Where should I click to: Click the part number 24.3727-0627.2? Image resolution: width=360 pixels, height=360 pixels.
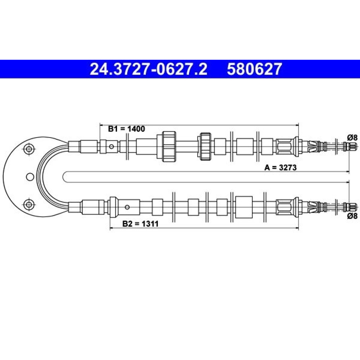148,69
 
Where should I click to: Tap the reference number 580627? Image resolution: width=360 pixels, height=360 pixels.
255,69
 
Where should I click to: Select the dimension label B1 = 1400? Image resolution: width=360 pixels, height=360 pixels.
126,129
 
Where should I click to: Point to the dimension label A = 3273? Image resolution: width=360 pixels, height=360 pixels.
280,168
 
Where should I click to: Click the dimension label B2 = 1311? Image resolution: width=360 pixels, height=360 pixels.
140,224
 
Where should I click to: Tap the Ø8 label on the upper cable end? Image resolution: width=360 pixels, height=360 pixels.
352,138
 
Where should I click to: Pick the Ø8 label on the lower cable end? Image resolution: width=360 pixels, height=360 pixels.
352,216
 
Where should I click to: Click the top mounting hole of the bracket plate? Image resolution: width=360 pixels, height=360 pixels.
29,149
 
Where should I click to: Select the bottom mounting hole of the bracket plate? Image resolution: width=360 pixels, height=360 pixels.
29,204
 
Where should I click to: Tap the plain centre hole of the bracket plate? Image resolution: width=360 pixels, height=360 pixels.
30,177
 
